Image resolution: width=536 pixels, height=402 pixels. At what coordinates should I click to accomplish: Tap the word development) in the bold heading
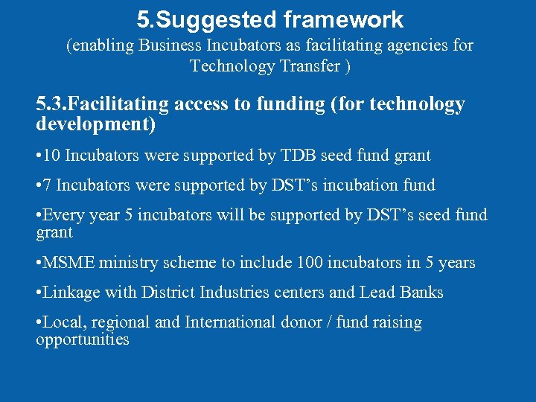tap(95, 124)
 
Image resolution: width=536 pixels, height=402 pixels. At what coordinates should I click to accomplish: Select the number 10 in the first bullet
tap(51, 156)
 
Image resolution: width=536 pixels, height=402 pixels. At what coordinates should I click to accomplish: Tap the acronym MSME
tap(68, 263)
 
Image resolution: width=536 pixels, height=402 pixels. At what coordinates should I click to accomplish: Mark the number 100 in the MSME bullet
tap(310, 263)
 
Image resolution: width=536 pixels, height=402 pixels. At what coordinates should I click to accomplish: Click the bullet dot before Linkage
tap(39, 293)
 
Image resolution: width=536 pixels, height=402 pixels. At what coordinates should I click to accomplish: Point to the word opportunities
tap(83, 340)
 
